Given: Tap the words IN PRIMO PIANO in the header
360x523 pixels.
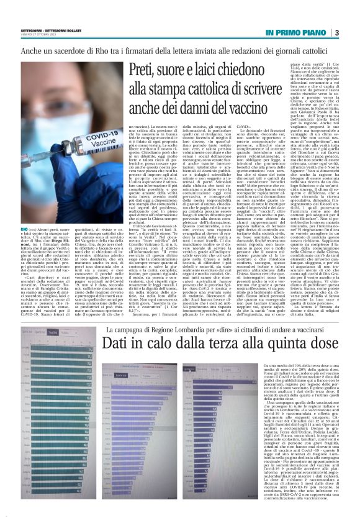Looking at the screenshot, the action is (296, 32).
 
